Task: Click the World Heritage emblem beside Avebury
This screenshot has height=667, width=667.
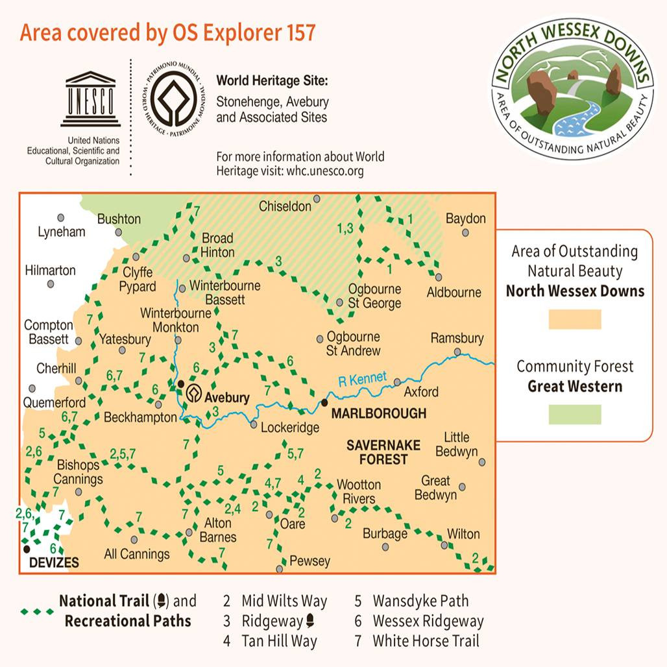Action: (193, 393)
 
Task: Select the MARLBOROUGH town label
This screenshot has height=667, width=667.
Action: (378, 413)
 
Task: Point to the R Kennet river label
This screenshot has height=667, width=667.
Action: (362, 380)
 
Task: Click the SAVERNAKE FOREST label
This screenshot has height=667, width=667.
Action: (377, 452)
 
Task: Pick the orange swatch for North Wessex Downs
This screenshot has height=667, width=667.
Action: (575, 319)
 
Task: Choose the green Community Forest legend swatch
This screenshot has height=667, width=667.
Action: (575, 414)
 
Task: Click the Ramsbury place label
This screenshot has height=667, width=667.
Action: (457, 339)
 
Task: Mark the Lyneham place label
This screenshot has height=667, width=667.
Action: (62, 232)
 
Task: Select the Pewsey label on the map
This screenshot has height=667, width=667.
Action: (309, 561)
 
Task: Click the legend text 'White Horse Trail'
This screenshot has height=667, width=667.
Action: (426, 642)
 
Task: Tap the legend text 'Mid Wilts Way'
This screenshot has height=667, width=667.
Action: (284, 601)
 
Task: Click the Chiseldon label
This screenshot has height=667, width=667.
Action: (285, 207)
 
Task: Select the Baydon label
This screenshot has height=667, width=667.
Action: (465, 219)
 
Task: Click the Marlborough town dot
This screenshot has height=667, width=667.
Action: (324, 402)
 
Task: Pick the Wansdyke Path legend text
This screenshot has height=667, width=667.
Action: (420, 601)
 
